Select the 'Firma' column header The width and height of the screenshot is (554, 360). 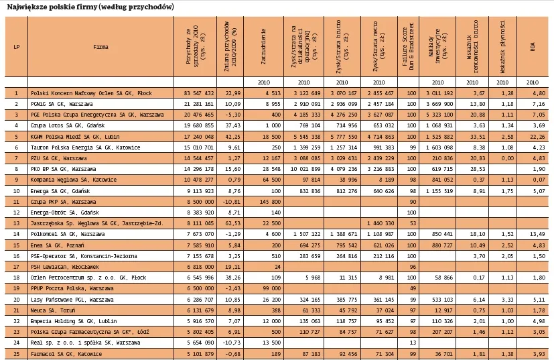pos(101,48)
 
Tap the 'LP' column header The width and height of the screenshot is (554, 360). pos(16,48)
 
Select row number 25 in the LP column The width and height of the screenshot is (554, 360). pos(16,353)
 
